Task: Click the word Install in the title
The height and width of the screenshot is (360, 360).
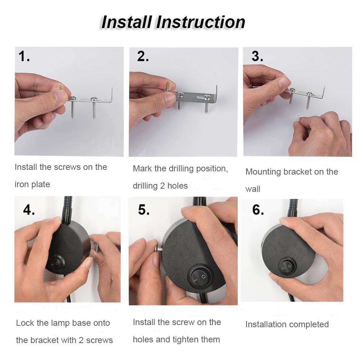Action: click(x=126, y=22)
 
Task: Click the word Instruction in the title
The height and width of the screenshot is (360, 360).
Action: click(x=201, y=22)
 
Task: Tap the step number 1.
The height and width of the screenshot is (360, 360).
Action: click(x=24, y=57)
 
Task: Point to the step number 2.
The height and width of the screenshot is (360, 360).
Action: click(x=143, y=57)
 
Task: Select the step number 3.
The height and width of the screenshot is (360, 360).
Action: click(x=257, y=57)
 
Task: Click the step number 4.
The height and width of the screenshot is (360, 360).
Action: click(x=29, y=210)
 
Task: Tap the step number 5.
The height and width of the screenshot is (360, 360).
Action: click(x=144, y=210)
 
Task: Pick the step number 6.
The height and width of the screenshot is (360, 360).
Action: click(x=258, y=210)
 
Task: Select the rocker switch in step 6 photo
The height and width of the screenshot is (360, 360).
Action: click(x=287, y=267)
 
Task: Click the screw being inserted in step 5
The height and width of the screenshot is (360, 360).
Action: click(x=159, y=249)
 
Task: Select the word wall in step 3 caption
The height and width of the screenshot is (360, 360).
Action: click(x=253, y=189)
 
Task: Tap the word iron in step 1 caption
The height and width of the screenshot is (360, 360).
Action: click(x=21, y=184)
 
